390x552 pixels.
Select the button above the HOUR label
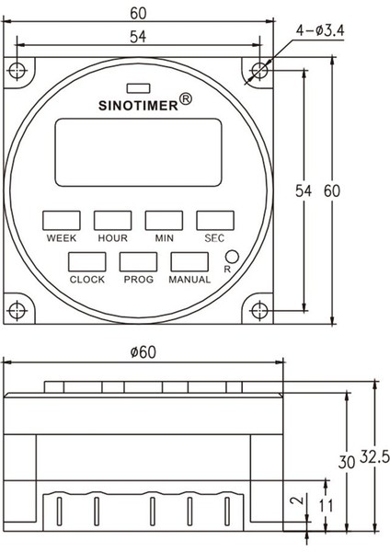tap(112, 220)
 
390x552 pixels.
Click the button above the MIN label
tap(164, 220)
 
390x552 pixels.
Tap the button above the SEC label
tap(213, 220)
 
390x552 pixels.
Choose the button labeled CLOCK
tap(87, 262)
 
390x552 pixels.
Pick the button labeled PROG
tap(138, 262)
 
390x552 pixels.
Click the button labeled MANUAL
tap(189, 262)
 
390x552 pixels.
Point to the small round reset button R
tap(233, 259)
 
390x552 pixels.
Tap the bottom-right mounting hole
tap(258, 307)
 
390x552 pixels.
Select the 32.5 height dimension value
tap(371, 456)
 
